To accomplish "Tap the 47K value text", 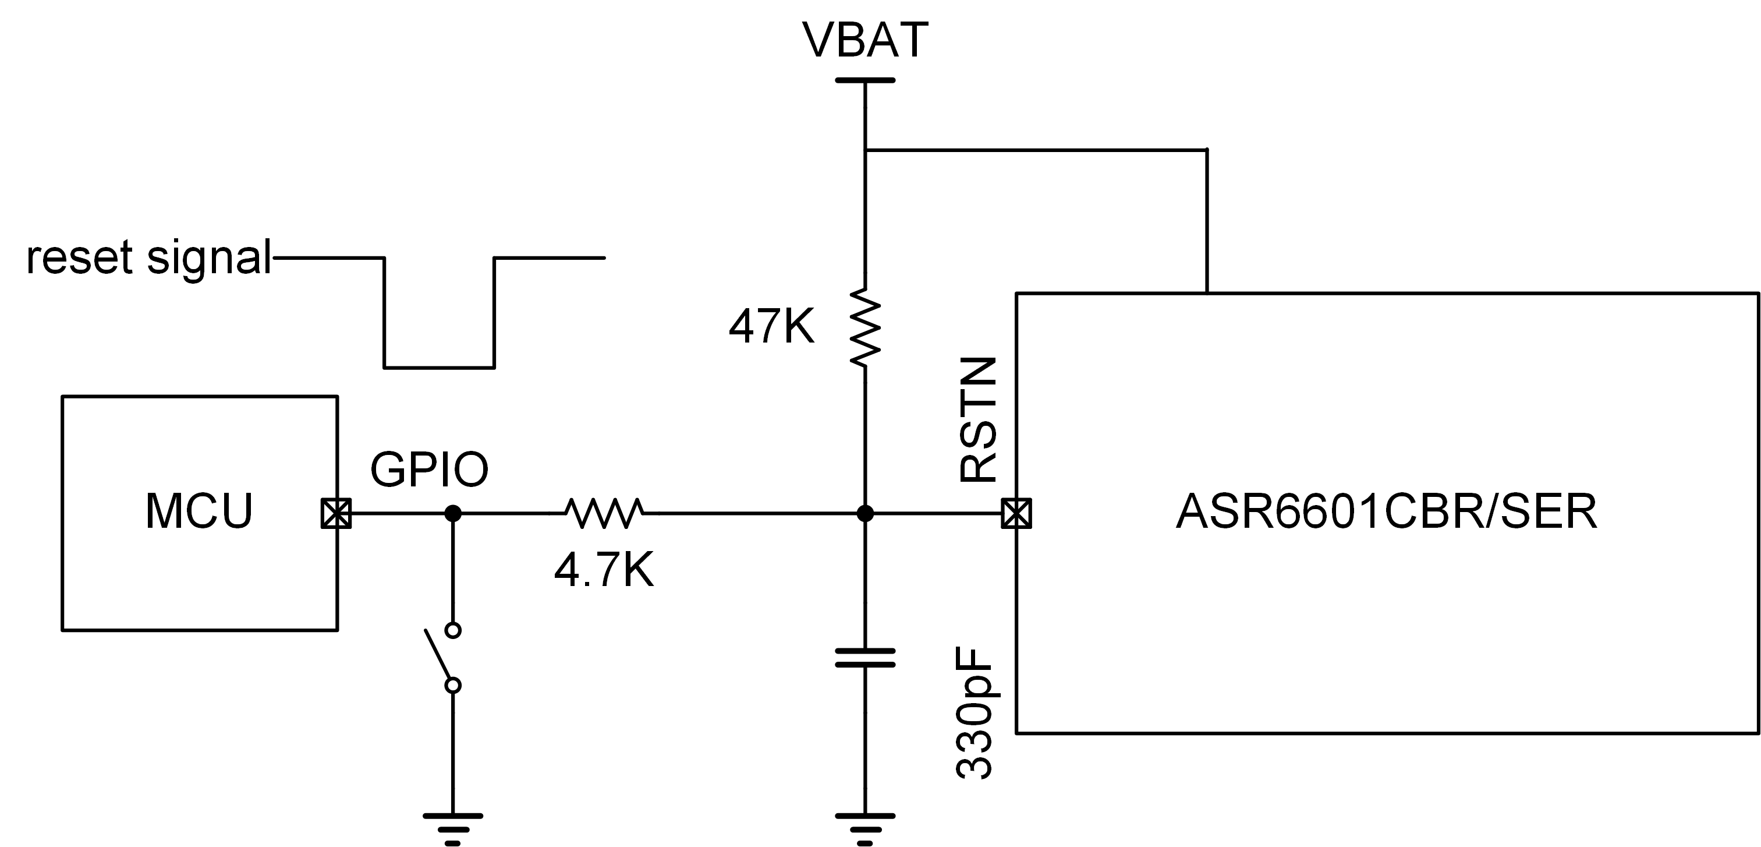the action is [772, 326].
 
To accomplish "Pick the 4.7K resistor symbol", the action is [604, 513].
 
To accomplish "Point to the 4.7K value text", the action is [604, 571].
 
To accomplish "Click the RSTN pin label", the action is [977, 420].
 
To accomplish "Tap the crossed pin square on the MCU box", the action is [336, 513].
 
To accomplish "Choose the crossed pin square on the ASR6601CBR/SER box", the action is [1016, 513].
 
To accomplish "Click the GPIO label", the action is [429, 470].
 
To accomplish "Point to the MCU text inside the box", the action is [199, 510].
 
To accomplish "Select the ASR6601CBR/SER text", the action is [1386, 510].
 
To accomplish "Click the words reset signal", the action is [149, 258].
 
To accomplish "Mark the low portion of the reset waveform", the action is [440, 368].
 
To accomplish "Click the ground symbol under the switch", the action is [452, 828].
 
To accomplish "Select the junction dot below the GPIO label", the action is [452, 513].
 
